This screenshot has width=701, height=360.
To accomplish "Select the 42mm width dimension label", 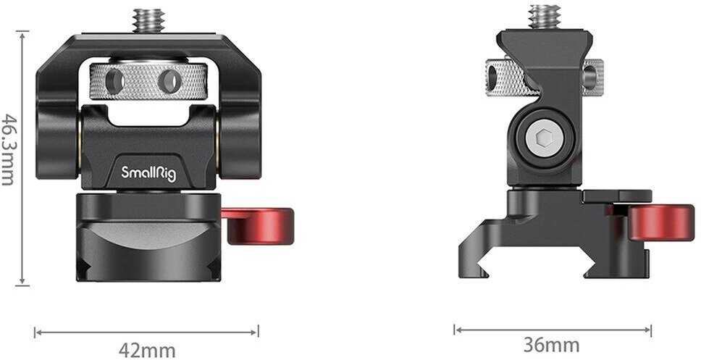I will pyautogui.click(x=147, y=351).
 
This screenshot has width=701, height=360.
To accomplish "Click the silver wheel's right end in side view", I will pyautogui.click(x=593, y=72).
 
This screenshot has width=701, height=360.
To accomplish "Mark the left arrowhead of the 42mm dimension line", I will pyautogui.click(x=37, y=332).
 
